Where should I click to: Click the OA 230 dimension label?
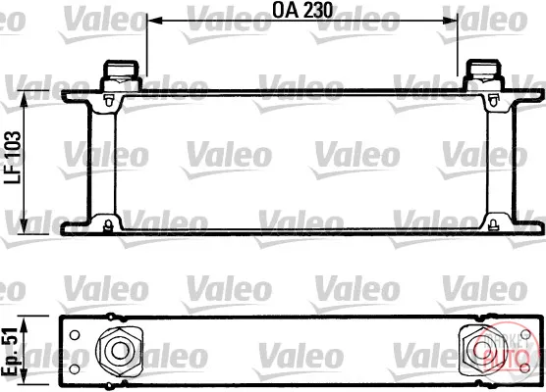tap(302, 10)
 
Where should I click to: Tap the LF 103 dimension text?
tap(13, 158)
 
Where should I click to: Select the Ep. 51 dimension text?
tap(10, 351)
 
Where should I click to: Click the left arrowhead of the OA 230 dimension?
tap(155, 21)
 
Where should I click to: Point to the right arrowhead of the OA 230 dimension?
tap(449, 21)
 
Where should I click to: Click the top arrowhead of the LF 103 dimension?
tap(24, 99)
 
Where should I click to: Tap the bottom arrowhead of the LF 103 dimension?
tap(24, 225)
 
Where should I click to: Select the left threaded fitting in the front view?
tap(121, 74)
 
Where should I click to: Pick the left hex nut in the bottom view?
tap(120, 350)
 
